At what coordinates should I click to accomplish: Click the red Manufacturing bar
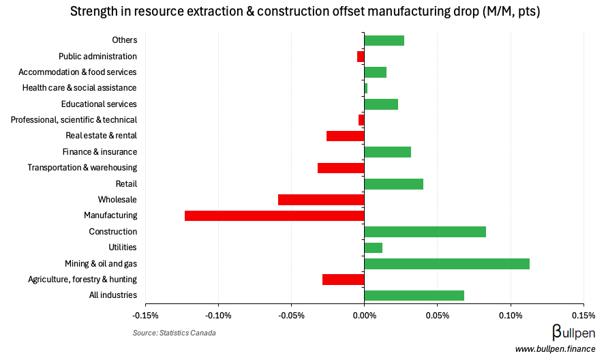[x=274, y=215]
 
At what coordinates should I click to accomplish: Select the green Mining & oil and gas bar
[x=446, y=264]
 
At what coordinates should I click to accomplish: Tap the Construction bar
[x=425, y=232]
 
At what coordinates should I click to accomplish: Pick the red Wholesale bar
[x=321, y=200]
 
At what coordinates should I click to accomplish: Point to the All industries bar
[x=414, y=295]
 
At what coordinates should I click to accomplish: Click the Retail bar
[x=393, y=183]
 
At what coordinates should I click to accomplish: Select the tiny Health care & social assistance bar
[x=366, y=88]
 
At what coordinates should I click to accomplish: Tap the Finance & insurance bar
[x=387, y=152]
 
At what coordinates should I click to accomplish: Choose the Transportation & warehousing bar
[x=341, y=168]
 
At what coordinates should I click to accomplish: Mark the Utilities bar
[x=373, y=247]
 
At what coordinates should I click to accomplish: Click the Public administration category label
[x=97, y=57]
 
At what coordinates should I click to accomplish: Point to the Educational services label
[x=99, y=104]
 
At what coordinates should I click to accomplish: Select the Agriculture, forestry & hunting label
[x=82, y=280]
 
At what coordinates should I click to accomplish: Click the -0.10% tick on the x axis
[x=218, y=316]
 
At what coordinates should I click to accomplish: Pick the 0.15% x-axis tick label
[x=583, y=316]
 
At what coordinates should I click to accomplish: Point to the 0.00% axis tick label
[x=364, y=316]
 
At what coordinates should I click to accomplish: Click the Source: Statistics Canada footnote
[x=174, y=333]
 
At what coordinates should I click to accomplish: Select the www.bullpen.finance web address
[x=555, y=350]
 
